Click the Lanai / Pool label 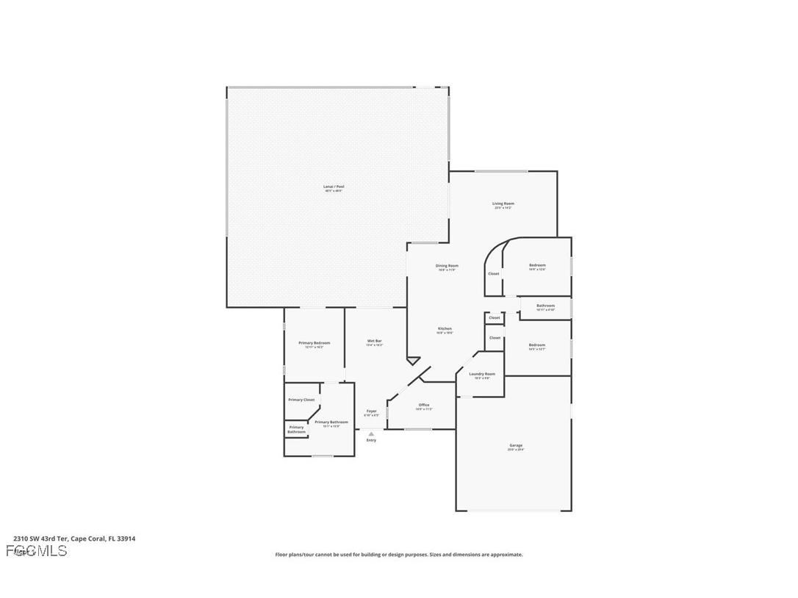point(334,187)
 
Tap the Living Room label point(503,203)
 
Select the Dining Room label point(447,266)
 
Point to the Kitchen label point(445,328)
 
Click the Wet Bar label point(375,341)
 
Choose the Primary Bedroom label point(314,343)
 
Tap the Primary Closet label point(301,400)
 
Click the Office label point(424,405)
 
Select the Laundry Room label point(482,374)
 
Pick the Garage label point(516,445)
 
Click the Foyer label point(372,411)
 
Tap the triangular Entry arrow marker point(372,433)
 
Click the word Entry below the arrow point(372,440)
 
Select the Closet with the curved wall point(494,274)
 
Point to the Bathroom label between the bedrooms point(545,306)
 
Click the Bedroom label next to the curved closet point(538,265)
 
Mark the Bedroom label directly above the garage point(537,345)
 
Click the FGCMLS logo point(36,551)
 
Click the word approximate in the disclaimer point(504,555)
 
